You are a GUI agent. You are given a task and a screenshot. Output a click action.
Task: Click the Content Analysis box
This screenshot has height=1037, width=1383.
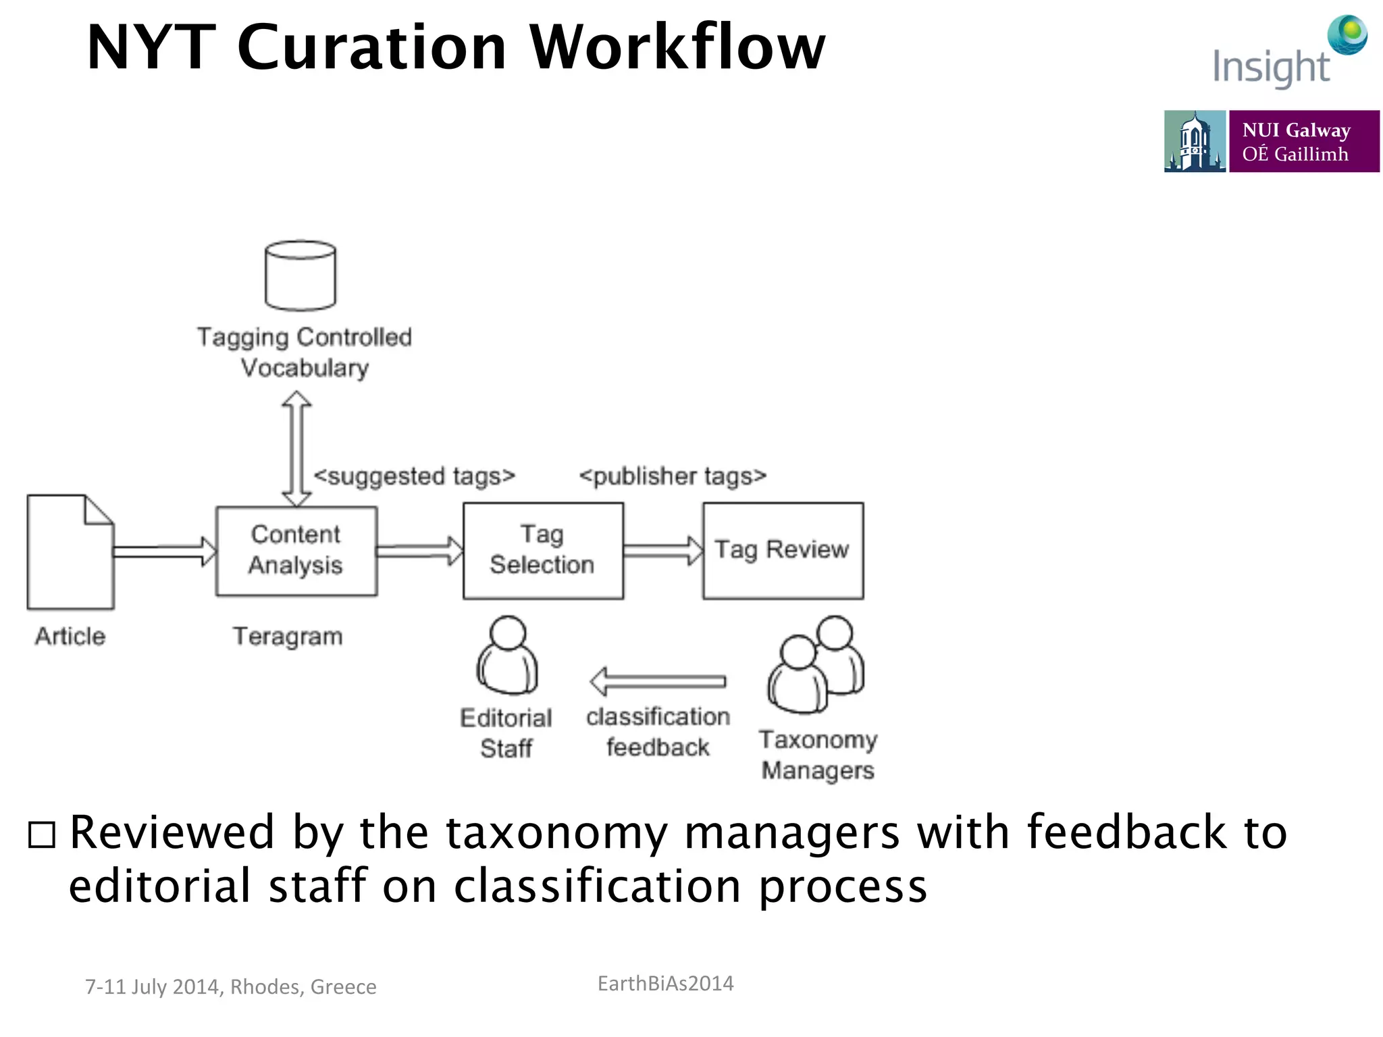(x=296, y=550)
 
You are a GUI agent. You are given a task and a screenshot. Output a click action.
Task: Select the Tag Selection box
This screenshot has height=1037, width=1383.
(x=543, y=550)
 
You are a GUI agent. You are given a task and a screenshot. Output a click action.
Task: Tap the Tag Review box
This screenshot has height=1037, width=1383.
(x=783, y=550)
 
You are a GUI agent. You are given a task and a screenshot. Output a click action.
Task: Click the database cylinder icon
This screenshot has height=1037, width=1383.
(x=301, y=275)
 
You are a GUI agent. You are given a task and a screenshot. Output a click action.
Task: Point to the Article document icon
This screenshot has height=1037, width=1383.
(x=70, y=552)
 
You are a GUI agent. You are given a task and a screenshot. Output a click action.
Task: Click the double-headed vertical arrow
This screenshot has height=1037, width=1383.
(x=296, y=449)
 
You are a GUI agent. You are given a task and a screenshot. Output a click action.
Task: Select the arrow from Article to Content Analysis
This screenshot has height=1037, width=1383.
(x=164, y=551)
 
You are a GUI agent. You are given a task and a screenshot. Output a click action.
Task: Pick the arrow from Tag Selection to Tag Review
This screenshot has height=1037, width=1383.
(x=662, y=550)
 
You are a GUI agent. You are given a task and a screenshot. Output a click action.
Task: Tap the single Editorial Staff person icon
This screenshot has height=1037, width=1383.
(x=507, y=656)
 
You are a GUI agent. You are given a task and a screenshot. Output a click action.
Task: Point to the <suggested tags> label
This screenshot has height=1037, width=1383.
(x=414, y=476)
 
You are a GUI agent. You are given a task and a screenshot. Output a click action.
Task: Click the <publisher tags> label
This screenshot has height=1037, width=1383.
(x=673, y=476)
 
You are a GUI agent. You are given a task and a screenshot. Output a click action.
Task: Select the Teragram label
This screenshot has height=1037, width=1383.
(x=288, y=636)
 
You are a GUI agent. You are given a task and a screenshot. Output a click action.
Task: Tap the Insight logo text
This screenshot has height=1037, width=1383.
(x=1270, y=68)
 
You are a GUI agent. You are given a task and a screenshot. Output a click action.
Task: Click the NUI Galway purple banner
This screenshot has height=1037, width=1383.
(x=1303, y=141)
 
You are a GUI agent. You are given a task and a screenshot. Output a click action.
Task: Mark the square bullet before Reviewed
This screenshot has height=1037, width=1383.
(x=42, y=834)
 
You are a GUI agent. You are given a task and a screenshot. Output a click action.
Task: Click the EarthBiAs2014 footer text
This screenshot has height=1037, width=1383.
(x=665, y=983)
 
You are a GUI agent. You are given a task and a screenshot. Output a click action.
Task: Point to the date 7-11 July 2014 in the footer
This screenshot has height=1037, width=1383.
(x=154, y=986)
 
